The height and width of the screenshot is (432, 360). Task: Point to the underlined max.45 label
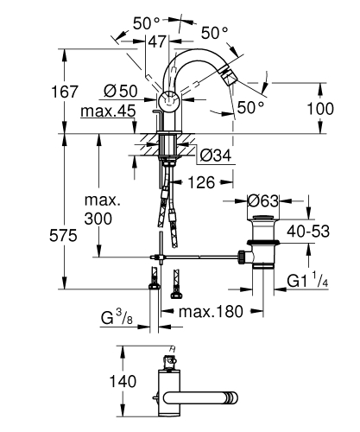[107, 111]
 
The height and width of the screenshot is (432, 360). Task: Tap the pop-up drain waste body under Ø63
[262, 251]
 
